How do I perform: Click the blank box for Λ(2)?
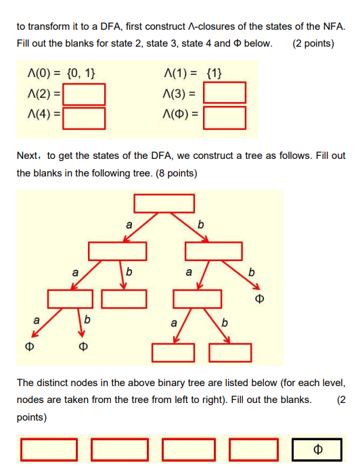point(85,93)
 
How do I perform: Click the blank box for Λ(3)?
point(224,93)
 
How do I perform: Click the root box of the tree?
point(164,203)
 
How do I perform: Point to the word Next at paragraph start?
point(28,156)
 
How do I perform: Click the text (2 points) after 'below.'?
point(313,43)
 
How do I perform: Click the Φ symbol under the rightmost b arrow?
point(257,298)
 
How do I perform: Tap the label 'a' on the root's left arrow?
point(129,224)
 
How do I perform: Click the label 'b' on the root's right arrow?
point(200,224)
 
